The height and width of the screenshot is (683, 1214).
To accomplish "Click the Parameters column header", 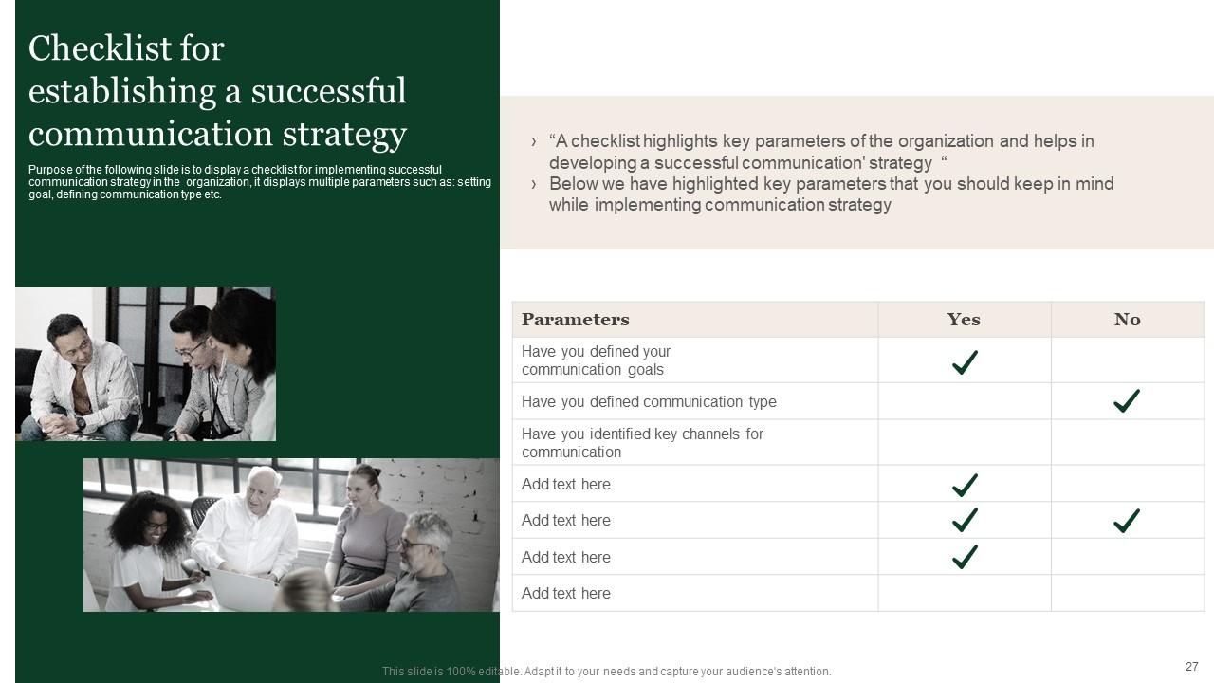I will click(x=575, y=320).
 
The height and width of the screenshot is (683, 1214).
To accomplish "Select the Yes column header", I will click(x=964, y=320).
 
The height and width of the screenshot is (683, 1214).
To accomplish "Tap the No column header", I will click(x=1127, y=320).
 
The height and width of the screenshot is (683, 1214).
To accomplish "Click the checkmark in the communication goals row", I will click(x=965, y=361).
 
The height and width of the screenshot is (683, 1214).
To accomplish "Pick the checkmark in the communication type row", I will click(x=1127, y=401).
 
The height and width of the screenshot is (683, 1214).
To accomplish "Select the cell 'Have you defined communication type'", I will click(x=649, y=402).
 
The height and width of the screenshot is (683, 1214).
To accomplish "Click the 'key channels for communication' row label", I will click(x=642, y=443).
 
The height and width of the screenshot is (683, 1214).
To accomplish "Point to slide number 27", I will click(x=1191, y=667).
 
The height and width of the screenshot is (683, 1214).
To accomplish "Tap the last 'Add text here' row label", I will click(x=566, y=594).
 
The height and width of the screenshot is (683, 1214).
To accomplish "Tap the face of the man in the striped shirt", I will click(x=69, y=334).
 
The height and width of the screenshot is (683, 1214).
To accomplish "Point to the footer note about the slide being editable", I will click(x=606, y=672).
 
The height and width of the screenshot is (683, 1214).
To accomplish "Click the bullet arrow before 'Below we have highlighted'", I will click(x=534, y=184).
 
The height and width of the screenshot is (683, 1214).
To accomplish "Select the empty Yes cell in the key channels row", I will click(x=964, y=443).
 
